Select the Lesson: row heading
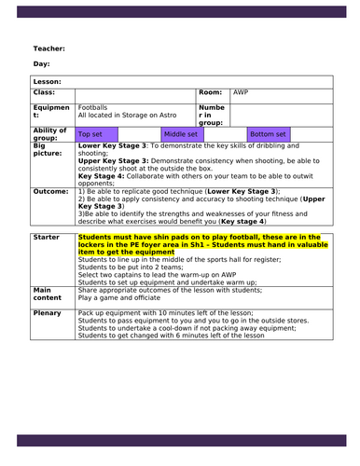tap(47, 82)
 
